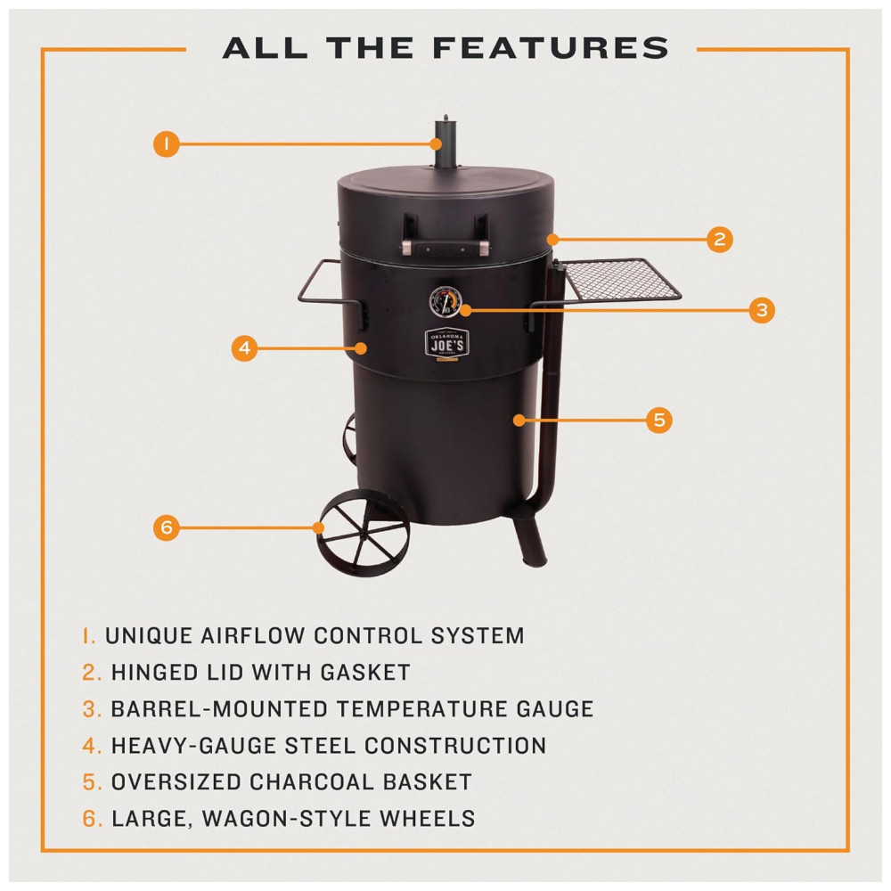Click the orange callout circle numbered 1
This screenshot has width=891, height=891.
pyautogui.click(x=167, y=143)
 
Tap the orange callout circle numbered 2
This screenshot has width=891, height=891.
pyautogui.click(x=719, y=239)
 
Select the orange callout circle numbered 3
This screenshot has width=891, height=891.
pyautogui.click(x=762, y=310)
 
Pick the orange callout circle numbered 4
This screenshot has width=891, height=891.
pyautogui.click(x=244, y=347)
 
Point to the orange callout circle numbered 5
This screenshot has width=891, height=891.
pyautogui.click(x=659, y=420)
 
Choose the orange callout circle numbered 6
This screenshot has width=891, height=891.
pyautogui.click(x=167, y=527)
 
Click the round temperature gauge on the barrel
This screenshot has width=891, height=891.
pyautogui.click(x=445, y=302)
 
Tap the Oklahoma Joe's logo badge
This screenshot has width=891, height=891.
pyautogui.click(x=447, y=343)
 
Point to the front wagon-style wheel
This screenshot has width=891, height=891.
pyautogui.click(x=364, y=532)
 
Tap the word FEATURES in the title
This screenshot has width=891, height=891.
pyautogui.click(x=551, y=48)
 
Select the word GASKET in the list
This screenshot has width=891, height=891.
pyautogui.click(x=365, y=672)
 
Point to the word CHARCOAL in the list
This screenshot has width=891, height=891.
pyautogui.click(x=311, y=782)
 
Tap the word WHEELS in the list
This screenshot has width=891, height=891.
pyautogui.click(x=428, y=819)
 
